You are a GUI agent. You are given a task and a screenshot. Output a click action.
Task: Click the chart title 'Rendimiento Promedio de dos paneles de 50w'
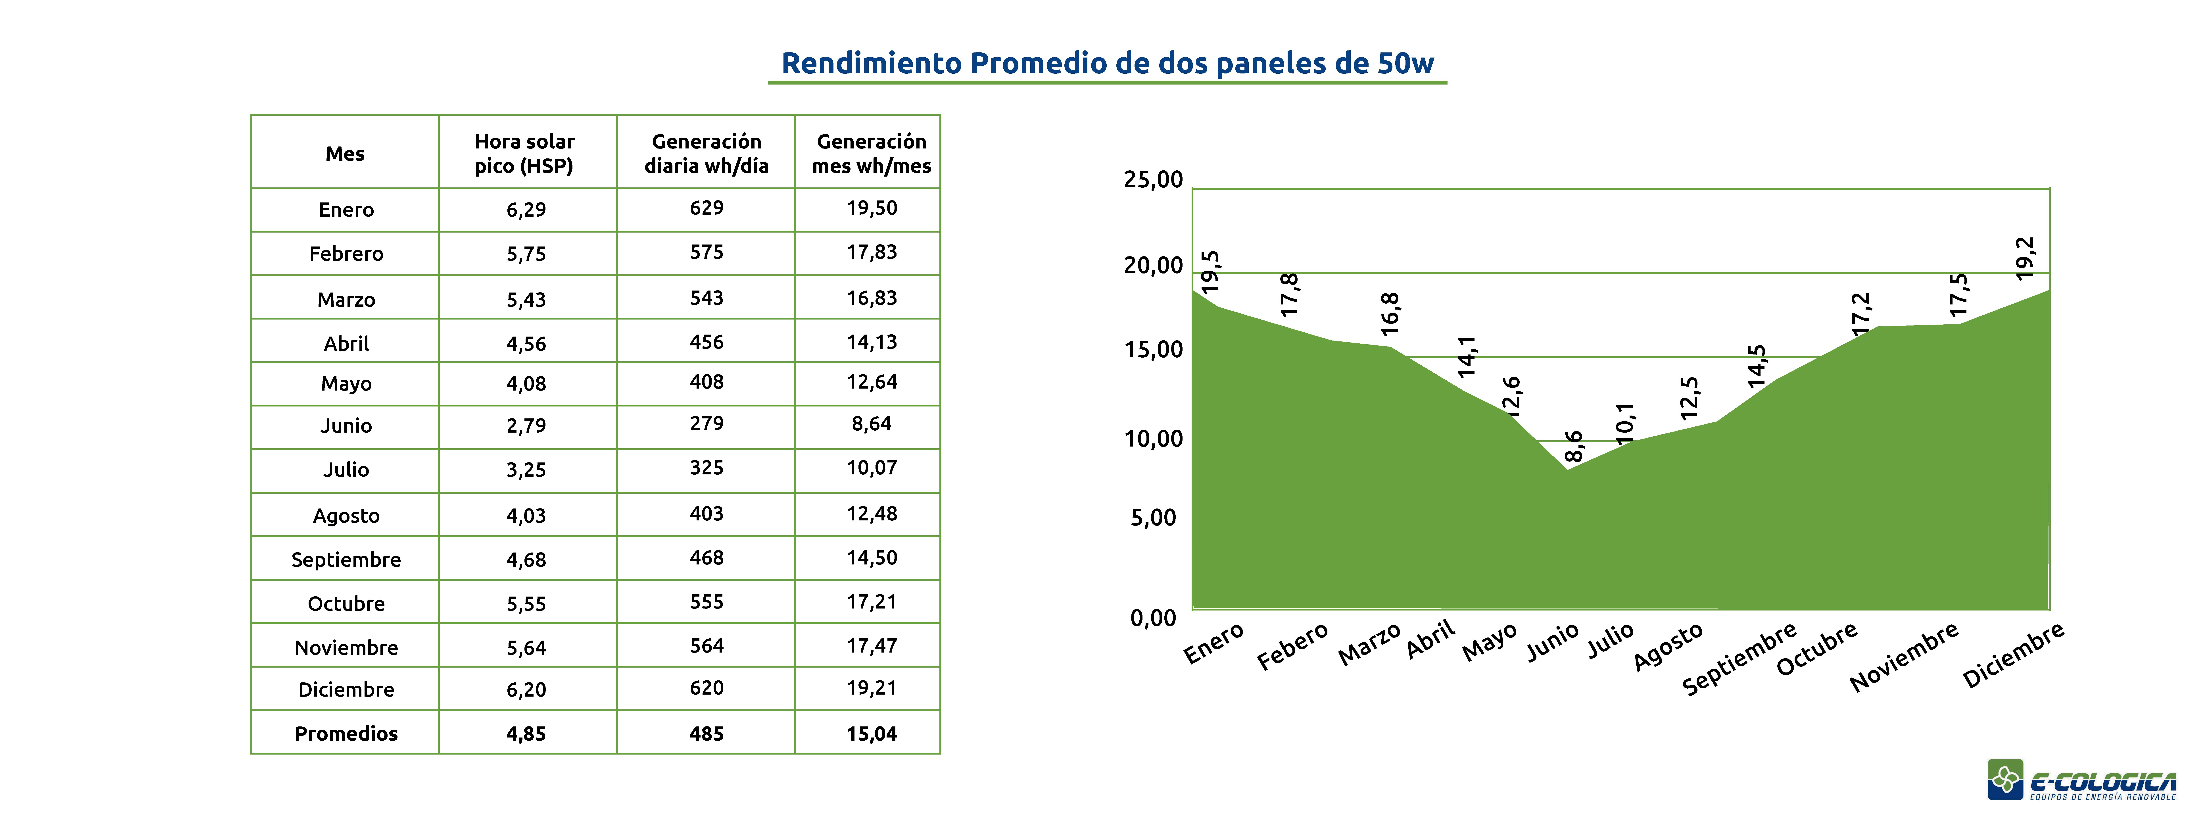point(1107,64)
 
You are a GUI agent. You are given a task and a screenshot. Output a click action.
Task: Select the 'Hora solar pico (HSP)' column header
point(525,154)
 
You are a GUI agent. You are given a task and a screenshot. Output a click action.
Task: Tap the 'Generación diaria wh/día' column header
point(706,154)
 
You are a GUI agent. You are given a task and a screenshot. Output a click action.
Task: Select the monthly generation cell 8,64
point(872,424)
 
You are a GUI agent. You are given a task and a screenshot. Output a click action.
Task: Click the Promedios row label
point(346,734)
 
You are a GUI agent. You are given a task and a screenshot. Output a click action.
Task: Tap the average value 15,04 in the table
point(872,734)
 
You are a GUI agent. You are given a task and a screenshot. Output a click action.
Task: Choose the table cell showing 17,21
point(872,602)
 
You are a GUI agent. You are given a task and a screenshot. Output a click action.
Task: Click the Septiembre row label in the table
point(346,560)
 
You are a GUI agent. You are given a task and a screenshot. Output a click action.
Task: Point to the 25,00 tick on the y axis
point(1153,180)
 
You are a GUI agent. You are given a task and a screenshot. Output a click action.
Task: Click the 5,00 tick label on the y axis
point(1153,518)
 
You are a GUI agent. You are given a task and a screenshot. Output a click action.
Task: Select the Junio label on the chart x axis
point(1552,643)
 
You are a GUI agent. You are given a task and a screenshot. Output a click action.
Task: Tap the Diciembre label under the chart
point(2013,655)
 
